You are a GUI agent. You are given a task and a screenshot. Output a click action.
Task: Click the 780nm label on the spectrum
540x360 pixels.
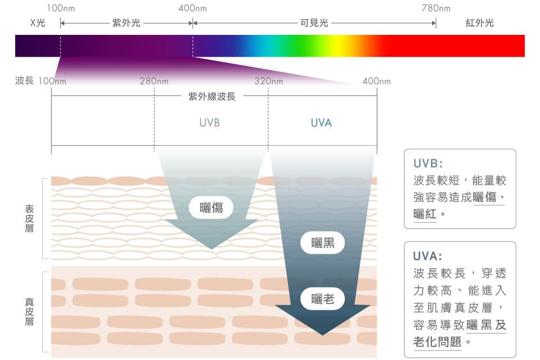pyautogui.click(x=435, y=8)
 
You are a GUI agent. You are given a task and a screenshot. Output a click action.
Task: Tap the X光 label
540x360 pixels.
pyautogui.click(x=38, y=24)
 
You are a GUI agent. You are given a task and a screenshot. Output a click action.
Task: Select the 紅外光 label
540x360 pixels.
pyautogui.click(x=479, y=24)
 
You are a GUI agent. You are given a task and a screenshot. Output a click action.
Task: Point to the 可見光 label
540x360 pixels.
pyautogui.click(x=314, y=24)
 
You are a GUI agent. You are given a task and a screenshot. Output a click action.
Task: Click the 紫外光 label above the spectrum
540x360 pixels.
pyautogui.click(x=127, y=24)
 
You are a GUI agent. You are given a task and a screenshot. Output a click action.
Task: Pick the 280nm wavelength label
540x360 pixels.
pyautogui.click(x=154, y=82)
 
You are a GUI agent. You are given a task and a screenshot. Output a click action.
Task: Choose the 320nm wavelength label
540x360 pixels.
pyautogui.click(x=268, y=82)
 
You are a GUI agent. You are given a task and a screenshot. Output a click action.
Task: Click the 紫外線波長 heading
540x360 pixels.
pyautogui.click(x=211, y=96)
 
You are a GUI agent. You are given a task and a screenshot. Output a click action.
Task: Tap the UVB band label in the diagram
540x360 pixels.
pyautogui.click(x=209, y=123)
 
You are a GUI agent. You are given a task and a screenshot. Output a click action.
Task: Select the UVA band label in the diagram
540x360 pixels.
pyautogui.click(x=321, y=123)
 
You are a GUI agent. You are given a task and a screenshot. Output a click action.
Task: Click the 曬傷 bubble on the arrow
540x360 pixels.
pyautogui.click(x=211, y=208)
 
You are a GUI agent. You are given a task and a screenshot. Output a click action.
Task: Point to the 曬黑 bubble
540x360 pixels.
pyautogui.click(x=322, y=244)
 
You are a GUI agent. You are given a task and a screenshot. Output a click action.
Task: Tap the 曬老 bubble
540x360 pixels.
pyautogui.click(x=322, y=299)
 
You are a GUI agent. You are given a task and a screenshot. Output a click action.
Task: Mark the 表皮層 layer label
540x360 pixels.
pyautogui.click(x=29, y=218)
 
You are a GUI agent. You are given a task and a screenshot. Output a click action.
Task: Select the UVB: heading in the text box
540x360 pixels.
pyautogui.click(x=428, y=164)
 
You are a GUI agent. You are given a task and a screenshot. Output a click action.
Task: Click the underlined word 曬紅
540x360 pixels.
pyautogui.click(x=425, y=214)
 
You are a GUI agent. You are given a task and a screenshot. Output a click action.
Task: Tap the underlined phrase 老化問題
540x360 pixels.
pyautogui.click(x=437, y=342)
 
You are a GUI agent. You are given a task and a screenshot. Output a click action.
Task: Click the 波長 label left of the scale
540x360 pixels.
pyautogui.click(x=24, y=82)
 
